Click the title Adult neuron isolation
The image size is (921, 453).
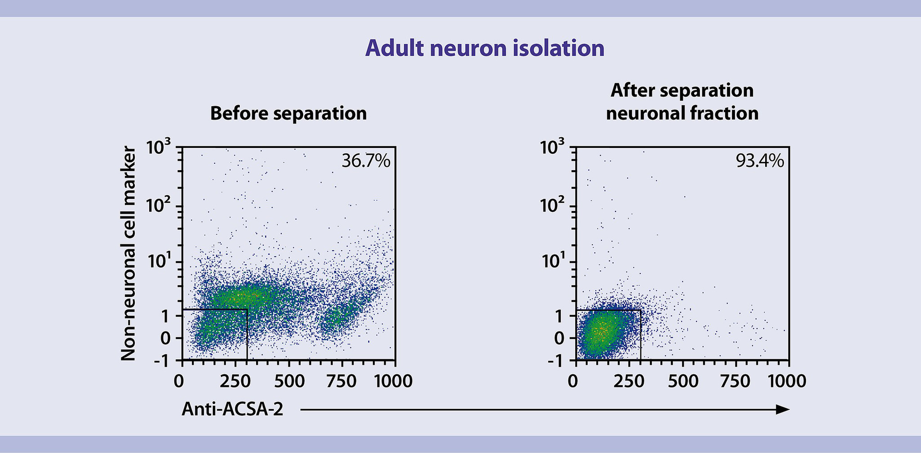tap(484, 49)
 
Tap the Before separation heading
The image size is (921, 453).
tap(288, 113)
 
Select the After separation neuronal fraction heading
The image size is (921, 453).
tap(682, 102)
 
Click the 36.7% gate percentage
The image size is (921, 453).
tap(366, 161)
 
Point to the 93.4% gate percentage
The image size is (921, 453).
tap(760, 161)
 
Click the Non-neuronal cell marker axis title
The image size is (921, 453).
tap(128, 253)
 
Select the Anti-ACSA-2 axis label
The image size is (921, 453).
tap(232, 409)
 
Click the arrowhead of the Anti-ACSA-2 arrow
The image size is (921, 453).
tap(783, 409)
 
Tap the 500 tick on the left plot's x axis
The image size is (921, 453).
tap(289, 381)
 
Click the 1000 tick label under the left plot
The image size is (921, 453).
tap(393, 381)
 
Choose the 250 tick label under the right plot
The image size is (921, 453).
tap(628, 381)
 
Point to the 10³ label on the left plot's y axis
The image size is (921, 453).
tap(158, 147)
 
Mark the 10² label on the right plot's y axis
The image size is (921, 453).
tap(552, 206)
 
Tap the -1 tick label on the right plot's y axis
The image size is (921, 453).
tap(556, 360)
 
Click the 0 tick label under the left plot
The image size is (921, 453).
tap(179, 381)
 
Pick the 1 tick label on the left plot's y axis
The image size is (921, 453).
tap(165, 317)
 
